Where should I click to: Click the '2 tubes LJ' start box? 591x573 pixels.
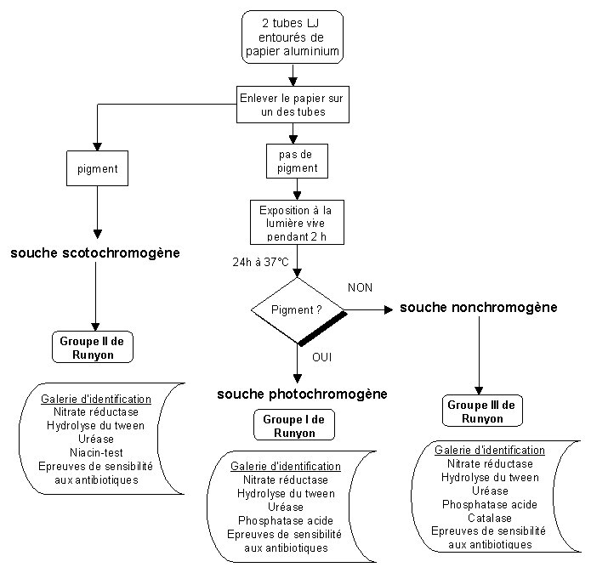click(x=293, y=37)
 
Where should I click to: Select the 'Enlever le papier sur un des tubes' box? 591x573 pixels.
click(x=293, y=105)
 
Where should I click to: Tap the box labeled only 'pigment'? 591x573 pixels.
click(x=97, y=168)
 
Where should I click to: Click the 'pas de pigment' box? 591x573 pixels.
click(x=297, y=161)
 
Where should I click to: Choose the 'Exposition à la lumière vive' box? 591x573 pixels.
click(x=297, y=222)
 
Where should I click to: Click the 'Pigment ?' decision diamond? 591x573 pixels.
click(x=298, y=310)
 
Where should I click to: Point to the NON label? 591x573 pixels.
click(x=360, y=288)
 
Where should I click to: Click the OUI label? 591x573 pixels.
click(x=322, y=357)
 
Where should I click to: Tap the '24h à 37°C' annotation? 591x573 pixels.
click(x=260, y=262)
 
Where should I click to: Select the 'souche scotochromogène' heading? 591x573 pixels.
click(x=95, y=252)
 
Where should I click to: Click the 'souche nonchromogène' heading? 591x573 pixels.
click(x=479, y=308)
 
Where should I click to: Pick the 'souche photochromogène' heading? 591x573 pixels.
click(x=302, y=394)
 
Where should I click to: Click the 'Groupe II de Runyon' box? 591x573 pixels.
click(x=93, y=347)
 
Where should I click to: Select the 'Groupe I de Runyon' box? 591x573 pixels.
click(x=294, y=425)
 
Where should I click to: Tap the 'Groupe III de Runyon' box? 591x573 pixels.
click(x=482, y=411)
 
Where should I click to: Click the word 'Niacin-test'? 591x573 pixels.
click(x=96, y=452)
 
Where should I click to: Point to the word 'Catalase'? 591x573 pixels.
click(x=490, y=518)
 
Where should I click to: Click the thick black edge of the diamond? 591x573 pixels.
click(x=322, y=328)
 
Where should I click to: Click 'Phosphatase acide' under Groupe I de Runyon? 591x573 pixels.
click(x=286, y=520)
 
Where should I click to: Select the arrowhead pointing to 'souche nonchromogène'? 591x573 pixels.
click(x=389, y=309)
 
